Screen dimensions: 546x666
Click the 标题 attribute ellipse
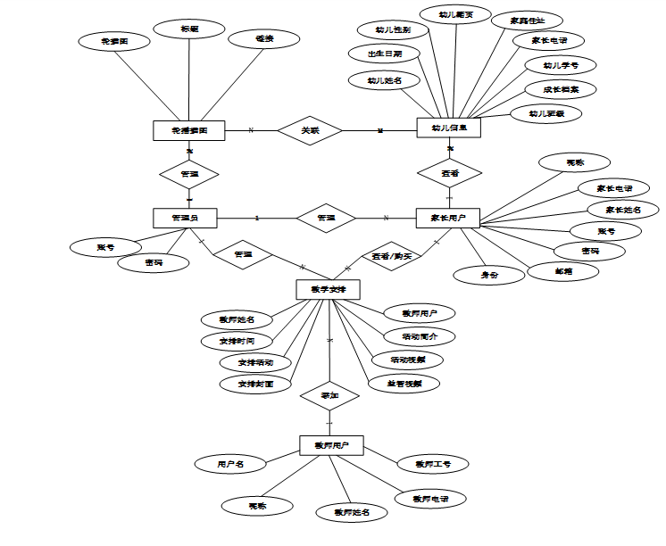click(189, 29)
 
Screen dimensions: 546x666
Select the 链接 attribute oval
click(264, 40)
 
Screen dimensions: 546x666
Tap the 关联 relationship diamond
click(310, 130)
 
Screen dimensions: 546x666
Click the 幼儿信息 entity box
click(449, 128)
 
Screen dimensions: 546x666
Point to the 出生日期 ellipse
click(384, 54)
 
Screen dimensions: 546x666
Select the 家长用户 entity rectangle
click(449, 218)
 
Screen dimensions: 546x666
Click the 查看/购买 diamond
click(392, 256)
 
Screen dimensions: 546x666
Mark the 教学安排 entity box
click(328, 289)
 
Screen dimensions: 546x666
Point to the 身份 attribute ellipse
click(489, 276)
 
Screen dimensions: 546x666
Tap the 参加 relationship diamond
click(329, 394)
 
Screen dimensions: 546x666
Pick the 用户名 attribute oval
click(229, 464)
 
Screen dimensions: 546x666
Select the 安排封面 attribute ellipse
click(255, 384)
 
